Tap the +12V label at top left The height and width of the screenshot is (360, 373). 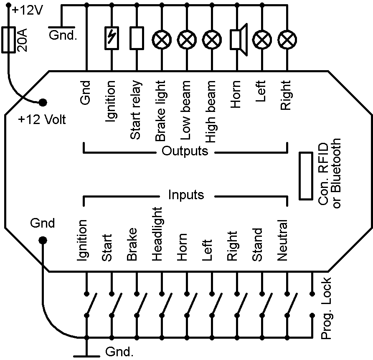[x=28, y=10]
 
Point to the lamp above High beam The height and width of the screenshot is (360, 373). [x=212, y=40]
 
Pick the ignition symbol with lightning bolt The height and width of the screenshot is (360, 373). [x=111, y=40]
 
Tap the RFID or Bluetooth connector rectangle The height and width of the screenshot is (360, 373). [x=306, y=175]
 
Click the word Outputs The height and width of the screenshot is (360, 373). [x=185, y=151]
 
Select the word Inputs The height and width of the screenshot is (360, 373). [x=186, y=195]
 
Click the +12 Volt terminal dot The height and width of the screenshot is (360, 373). [x=43, y=102]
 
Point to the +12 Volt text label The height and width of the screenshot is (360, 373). [x=42, y=120]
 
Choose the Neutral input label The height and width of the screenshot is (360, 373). [x=283, y=241]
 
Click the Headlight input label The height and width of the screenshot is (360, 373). [x=157, y=233]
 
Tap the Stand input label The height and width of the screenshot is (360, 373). [x=258, y=245]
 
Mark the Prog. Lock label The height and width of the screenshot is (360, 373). [x=326, y=308]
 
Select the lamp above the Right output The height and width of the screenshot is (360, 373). [x=287, y=40]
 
